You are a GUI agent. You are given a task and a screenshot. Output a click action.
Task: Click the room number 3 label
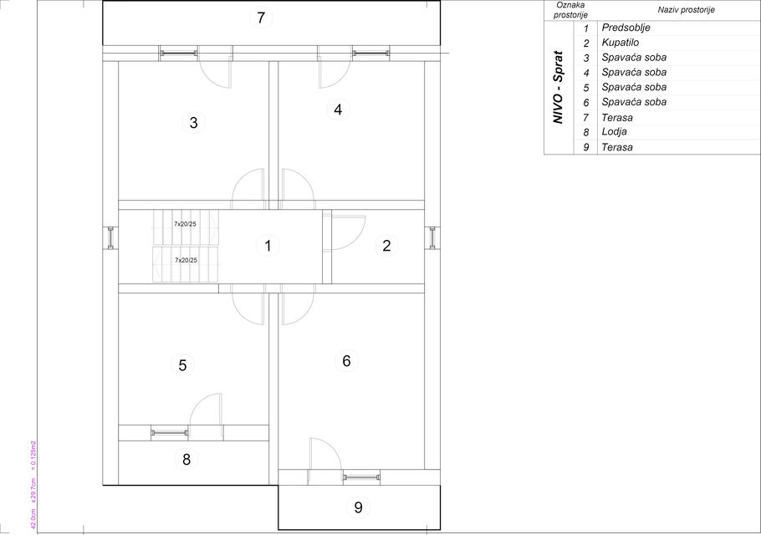(x=194, y=122)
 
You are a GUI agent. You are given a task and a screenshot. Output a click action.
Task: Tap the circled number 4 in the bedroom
(x=338, y=110)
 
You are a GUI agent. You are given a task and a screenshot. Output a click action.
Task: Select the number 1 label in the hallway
(x=268, y=246)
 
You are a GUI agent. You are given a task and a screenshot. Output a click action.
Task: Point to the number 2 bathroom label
(x=386, y=246)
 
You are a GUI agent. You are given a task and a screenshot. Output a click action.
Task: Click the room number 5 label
(x=182, y=365)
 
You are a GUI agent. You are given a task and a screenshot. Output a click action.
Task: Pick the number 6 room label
(x=346, y=361)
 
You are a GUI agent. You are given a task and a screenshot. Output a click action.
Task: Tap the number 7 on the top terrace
(x=261, y=18)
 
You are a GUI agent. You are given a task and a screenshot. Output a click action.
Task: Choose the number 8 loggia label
(x=186, y=459)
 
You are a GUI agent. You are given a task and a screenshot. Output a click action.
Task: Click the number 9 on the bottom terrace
(x=358, y=507)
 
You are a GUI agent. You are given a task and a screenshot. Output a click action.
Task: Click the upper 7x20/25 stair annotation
(x=186, y=224)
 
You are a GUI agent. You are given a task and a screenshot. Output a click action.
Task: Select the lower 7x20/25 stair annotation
(x=186, y=261)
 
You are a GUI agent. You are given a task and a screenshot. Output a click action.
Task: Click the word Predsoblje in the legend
(x=626, y=28)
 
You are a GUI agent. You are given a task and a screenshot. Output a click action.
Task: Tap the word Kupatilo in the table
(x=621, y=43)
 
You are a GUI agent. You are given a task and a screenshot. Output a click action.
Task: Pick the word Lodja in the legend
(x=614, y=131)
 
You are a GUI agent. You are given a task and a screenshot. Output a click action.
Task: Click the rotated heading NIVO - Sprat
(x=559, y=87)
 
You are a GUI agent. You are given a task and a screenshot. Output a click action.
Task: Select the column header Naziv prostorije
(x=687, y=10)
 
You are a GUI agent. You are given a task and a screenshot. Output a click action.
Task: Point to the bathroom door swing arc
(x=357, y=238)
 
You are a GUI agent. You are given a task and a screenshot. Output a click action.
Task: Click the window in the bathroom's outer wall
(x=432, y=237)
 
